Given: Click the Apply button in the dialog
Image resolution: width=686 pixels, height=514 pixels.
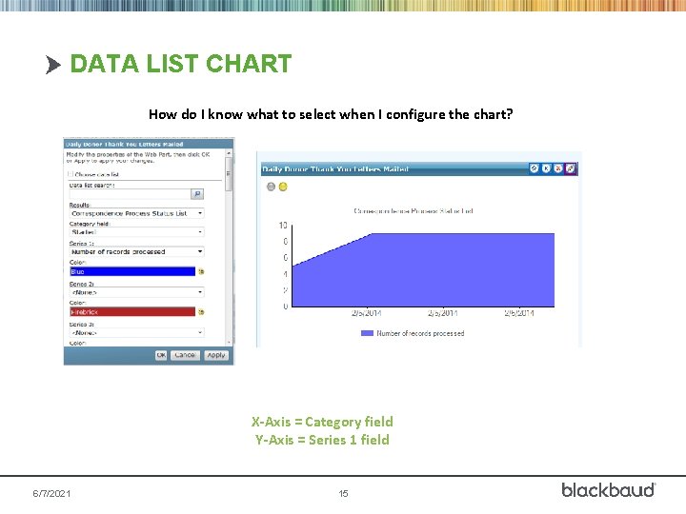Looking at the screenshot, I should pyautogui.click(x=216, y=355).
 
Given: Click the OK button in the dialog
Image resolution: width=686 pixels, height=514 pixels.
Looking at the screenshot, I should pyautogui.click(x=162, y=355).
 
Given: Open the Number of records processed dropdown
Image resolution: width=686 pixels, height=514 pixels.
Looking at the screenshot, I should pyautogui.click(x=136, y=251).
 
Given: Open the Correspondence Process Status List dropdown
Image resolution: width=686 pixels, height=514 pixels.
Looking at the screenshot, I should pyautogui.click(x=136, y=213).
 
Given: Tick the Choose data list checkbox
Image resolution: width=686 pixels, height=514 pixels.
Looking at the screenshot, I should pyautogui.click(x=70, y=174).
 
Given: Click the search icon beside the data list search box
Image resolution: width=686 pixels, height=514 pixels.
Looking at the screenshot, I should pyautogui.click(x=197, y=193).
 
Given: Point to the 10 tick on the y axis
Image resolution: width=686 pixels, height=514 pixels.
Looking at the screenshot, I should pyautogui.click(x=283, y=226).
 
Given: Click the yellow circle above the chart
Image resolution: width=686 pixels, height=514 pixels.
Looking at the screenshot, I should pyautogui.click(x=283, y=187).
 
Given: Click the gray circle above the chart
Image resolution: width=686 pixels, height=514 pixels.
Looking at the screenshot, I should pyautogui.click(x=271, y=187).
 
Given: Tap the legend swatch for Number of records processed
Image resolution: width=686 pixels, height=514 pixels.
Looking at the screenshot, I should pyautogui.click(x=367, y=333).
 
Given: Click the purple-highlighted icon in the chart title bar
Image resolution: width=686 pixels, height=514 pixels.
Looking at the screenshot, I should pyautogui.click(x=571, y=168).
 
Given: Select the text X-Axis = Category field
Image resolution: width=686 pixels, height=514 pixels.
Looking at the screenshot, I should pyautogui.click(x=322, y=422).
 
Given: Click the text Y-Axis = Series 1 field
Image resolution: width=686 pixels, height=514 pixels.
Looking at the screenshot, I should pyautogui.click(x=322, y=440).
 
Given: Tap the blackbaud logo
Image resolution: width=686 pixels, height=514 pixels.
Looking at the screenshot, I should pyautogui.click(x=608, y=489).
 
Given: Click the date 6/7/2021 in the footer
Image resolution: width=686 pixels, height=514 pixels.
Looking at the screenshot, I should pyautogui.click(x=51, y=494).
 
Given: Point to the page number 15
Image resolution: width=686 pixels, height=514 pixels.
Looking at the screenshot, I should pyautogui.click(x=343, y=494).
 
